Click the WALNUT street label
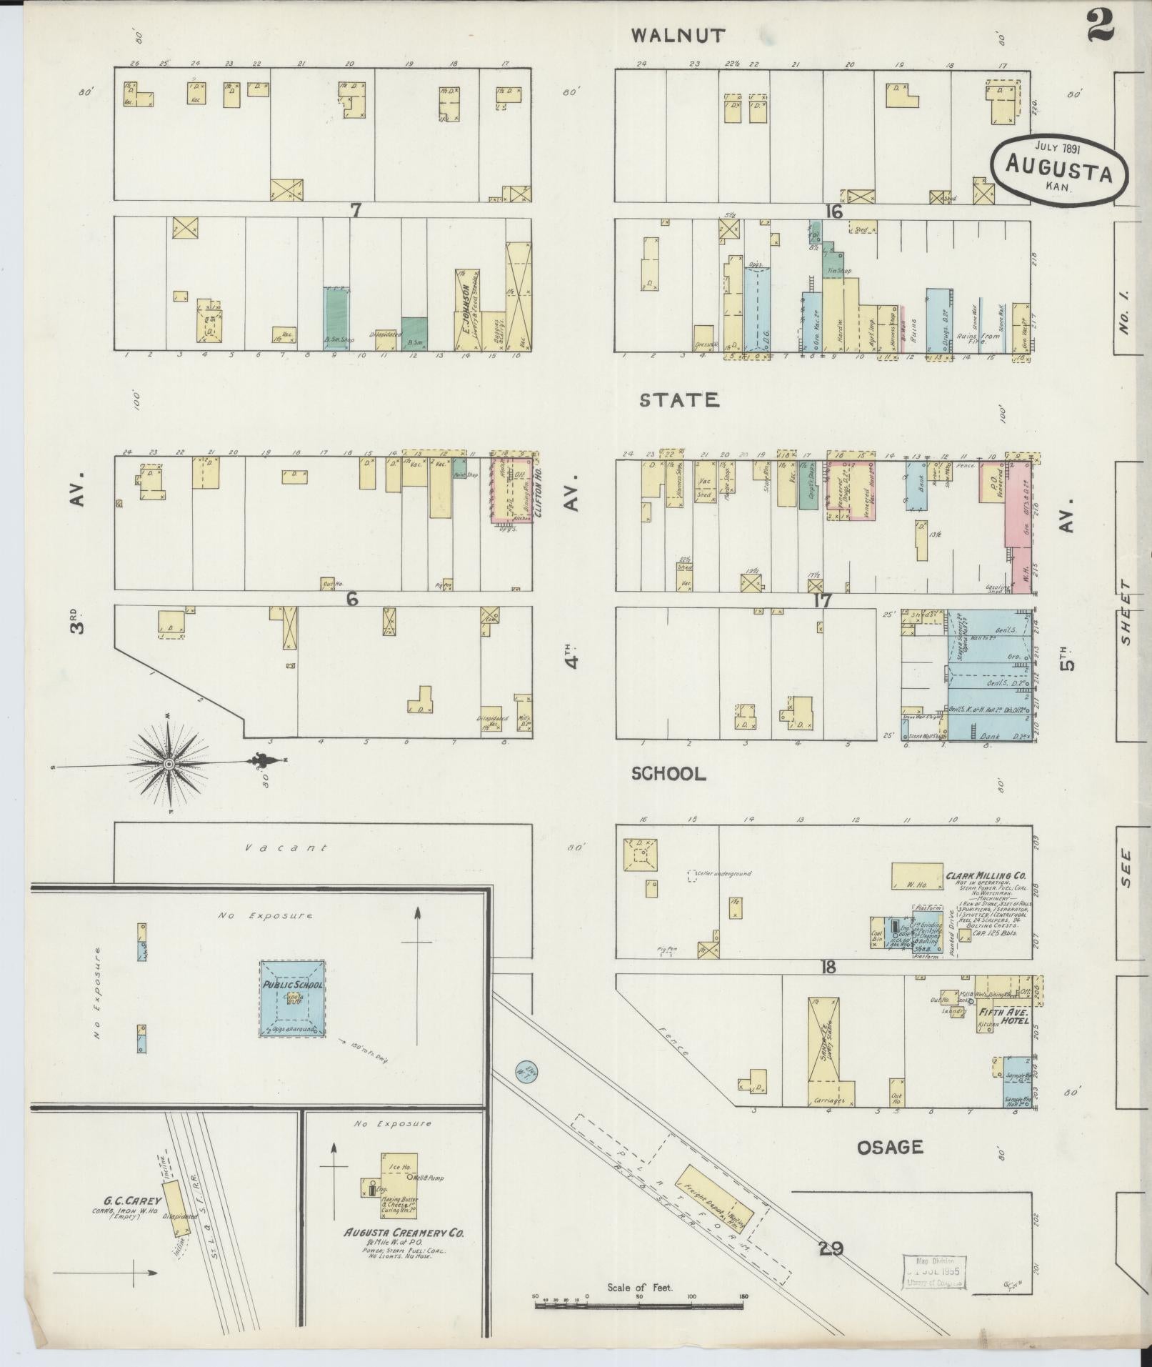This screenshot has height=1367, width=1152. (x=678, y=34)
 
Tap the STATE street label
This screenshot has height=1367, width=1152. (x=678, y=400)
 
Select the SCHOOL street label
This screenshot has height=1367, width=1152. (x=669, y=774)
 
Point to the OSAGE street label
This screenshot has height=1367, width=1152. (x=891, y=1147)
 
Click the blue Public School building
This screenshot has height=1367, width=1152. (x=292, y=998)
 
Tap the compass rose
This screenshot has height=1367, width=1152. (x=169, y=765)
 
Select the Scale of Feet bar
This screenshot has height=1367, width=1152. (x=639, y=1306)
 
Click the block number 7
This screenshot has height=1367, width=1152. (x=356, y=209)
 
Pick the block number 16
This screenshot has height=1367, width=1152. (x=833, y=212)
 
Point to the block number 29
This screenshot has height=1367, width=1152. (x=831, y=1248)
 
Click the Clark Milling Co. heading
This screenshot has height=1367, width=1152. (x=986, y=875)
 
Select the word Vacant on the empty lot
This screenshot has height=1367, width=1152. (x=285, y=848)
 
